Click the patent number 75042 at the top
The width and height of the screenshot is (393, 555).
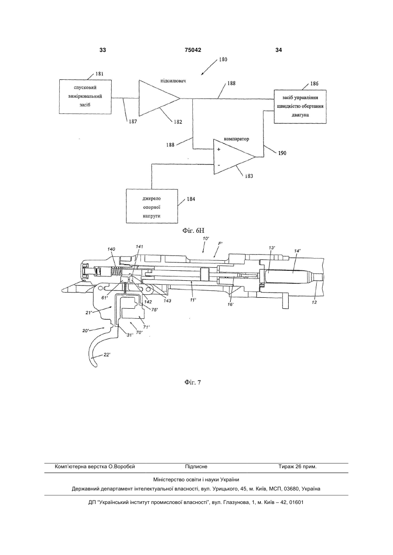(x=193, y=50)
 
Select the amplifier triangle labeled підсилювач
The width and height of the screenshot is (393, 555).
(x=159, y=98)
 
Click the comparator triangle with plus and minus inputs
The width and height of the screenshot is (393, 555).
(x=234, y=157)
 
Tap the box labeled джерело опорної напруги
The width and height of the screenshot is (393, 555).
(x=152, y=206)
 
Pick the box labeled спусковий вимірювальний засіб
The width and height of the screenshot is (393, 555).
(x=85, y=97)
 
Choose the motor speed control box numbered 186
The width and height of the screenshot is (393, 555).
(x=300, y=106)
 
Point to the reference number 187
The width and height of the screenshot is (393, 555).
(x=133, y=122)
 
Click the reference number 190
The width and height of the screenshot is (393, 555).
(x=282, y=153)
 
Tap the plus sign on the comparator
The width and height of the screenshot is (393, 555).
(x=219, y=150)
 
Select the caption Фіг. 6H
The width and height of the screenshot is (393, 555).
(x=193, y=231)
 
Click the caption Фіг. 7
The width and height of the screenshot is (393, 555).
(x=193, y=382)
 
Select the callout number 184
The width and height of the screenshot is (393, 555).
(x=191, y=199)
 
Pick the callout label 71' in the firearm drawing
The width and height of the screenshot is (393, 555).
(x=146, y=327)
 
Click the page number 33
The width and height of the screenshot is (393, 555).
(x=103, y=50)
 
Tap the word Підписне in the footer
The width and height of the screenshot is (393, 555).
(x=196, y=466)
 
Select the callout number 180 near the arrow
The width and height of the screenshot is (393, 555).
(x=223, y=59)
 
